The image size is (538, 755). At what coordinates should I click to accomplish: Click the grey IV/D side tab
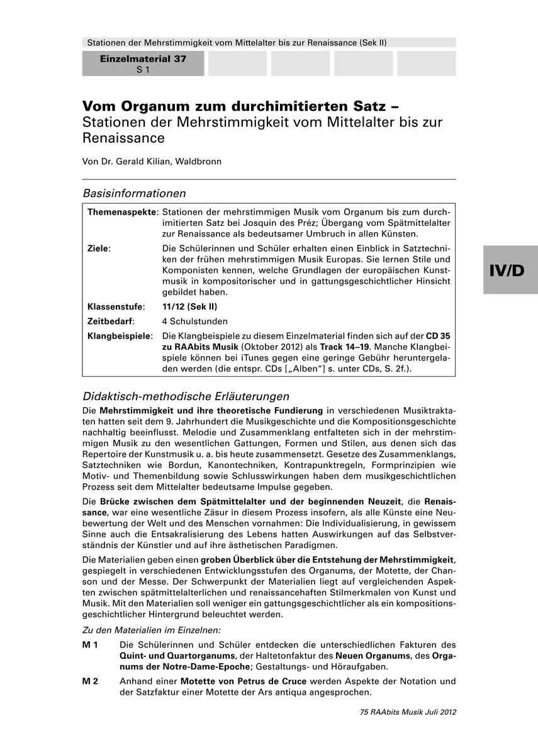(510, 270)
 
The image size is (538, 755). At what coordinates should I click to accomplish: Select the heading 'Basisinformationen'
(134, 193)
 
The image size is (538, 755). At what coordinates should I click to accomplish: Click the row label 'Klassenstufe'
(116, 306)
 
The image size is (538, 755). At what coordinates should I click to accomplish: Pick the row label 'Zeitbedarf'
(111, 321)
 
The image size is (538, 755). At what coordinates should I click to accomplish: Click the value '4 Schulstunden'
(194, 321)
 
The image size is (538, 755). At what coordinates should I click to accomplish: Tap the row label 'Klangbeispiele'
(120, 335)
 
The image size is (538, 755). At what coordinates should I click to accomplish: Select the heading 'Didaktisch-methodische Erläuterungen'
(186, 396)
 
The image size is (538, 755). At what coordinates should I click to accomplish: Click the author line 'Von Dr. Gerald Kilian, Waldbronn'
(152, 161)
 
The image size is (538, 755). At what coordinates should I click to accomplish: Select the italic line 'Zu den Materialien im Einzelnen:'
(152, 630)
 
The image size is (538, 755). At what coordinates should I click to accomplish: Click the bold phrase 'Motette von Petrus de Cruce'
(244, 681)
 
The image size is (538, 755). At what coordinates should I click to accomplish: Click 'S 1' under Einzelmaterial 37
(143, 70)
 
